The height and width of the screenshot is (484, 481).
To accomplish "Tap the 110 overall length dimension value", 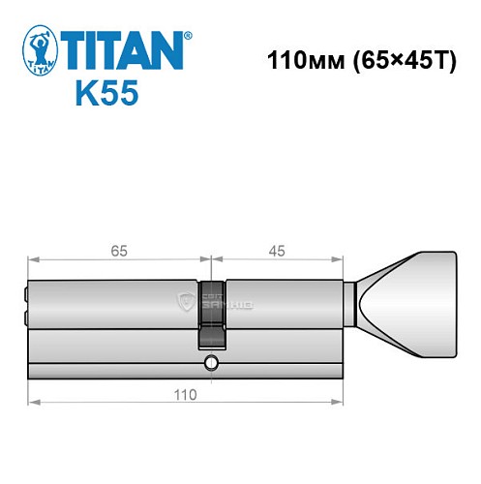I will point(184,394).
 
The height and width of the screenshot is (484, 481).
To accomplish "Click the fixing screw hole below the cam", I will point(210,365).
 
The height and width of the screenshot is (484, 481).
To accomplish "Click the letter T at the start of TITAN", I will point(77,50).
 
